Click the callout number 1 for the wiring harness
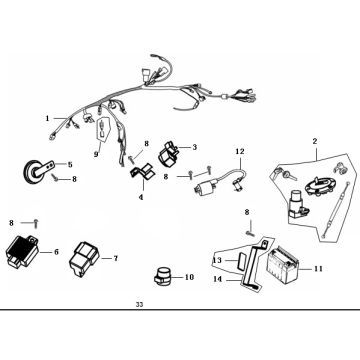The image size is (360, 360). (47, 118)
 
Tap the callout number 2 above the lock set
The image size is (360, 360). (315, 141)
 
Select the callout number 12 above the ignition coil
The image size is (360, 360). (240, 152)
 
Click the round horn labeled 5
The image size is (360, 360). (31, 171)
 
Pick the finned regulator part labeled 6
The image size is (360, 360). (22, 250)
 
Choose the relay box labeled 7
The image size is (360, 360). (84, 259)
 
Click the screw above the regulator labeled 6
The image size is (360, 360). (36, 223)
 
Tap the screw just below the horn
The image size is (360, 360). (55, 179)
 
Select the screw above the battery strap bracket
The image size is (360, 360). (249, 233)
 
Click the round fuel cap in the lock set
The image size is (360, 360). (320, 186)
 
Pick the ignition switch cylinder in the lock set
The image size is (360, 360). (297, 204)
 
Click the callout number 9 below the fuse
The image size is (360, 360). (96, 154)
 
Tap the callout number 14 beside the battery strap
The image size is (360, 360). (217, 279)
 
